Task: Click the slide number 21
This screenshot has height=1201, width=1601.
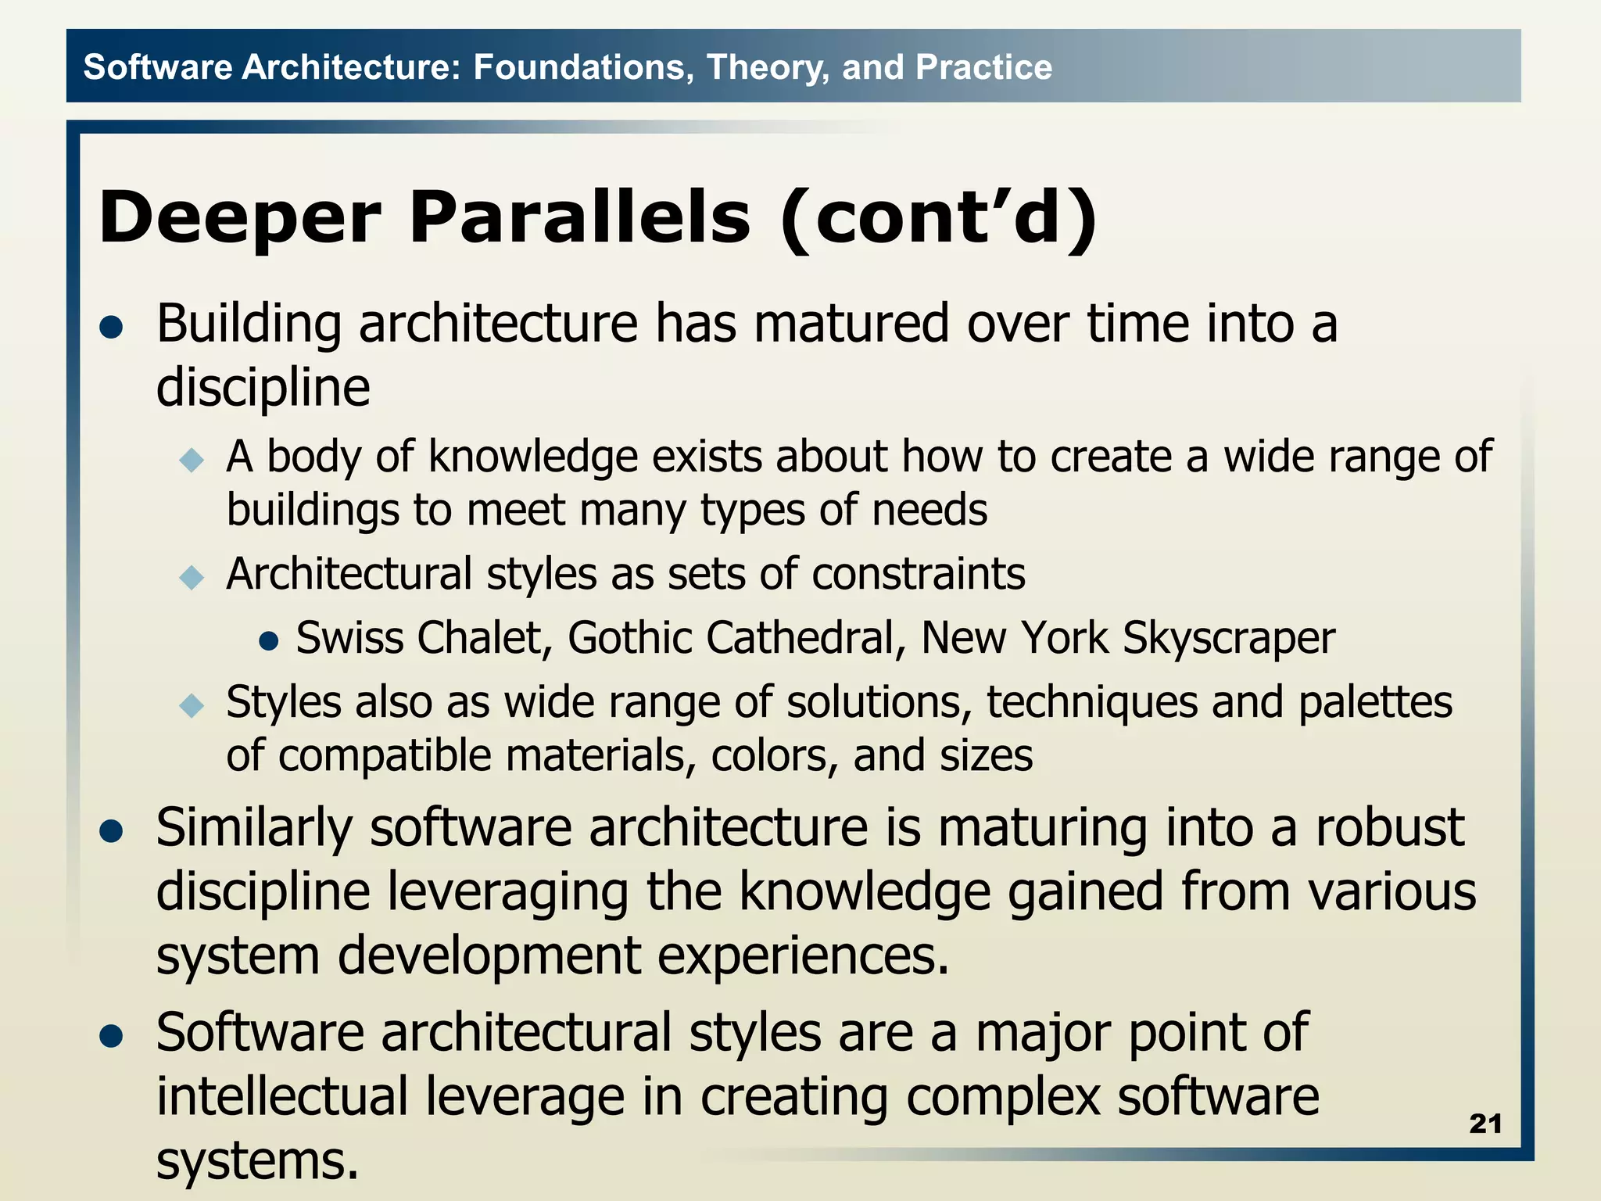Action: pyautogui.click(x=1485, y=1124)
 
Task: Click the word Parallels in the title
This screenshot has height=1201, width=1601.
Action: pyautogui.click(x=579, y=217)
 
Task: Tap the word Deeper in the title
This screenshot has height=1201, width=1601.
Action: pyautogui.click(x=240, y=217)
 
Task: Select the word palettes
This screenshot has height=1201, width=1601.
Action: pyautogui.click(x=1375, y=702)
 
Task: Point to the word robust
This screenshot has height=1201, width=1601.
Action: pyautogui.click(x=1389, y=827)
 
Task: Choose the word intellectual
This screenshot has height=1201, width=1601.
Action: pyautogui.click(x=282, y=1096)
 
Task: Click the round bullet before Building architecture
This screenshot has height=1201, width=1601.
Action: pyautogui.click(x=112, y=328)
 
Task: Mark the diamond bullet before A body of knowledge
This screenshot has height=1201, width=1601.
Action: pyautogui.click(x=192, y=460)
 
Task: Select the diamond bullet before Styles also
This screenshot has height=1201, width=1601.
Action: pyautogui.click(x=192, y=706)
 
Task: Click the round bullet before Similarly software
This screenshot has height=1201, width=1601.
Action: pyautogui.click(x=112, y=832)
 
